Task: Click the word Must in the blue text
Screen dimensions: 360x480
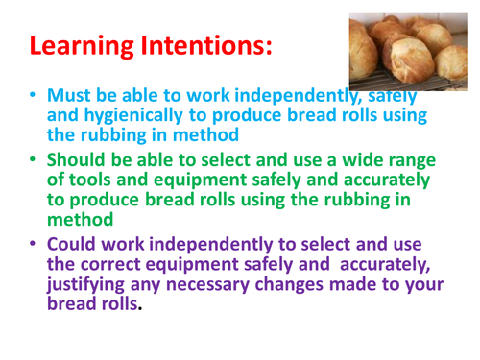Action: pyautogui.click(x=73, y=96)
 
